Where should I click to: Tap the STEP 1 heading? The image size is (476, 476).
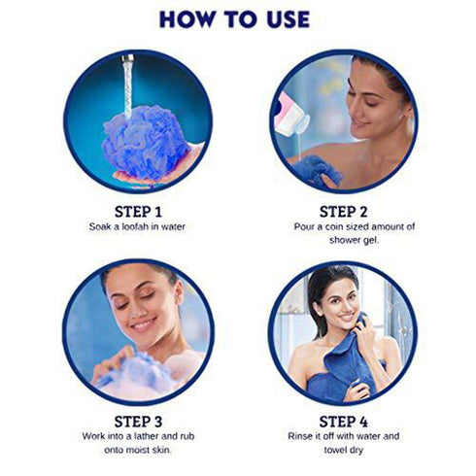click(137, 210)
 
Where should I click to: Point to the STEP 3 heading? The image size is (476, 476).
click(137, 421)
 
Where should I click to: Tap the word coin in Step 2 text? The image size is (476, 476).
click(336, 226)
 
